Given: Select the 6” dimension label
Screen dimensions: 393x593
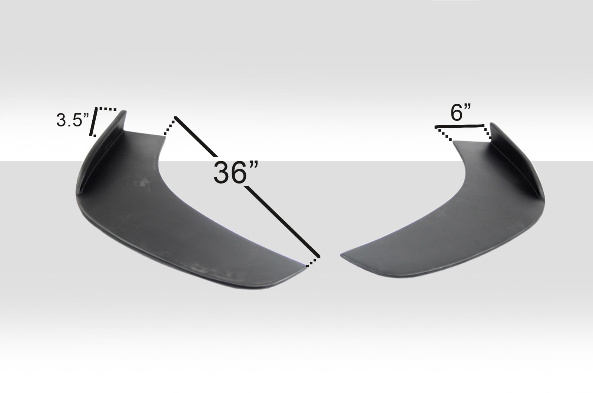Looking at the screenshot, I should coord(461,113).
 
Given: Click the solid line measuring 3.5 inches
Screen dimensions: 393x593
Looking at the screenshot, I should coord(94,122).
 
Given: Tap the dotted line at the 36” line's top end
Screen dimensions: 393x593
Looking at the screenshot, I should coord(169,126).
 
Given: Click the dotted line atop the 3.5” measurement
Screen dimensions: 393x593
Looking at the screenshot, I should coord(107,109).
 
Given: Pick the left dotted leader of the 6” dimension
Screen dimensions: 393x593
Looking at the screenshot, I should coord(444,134).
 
